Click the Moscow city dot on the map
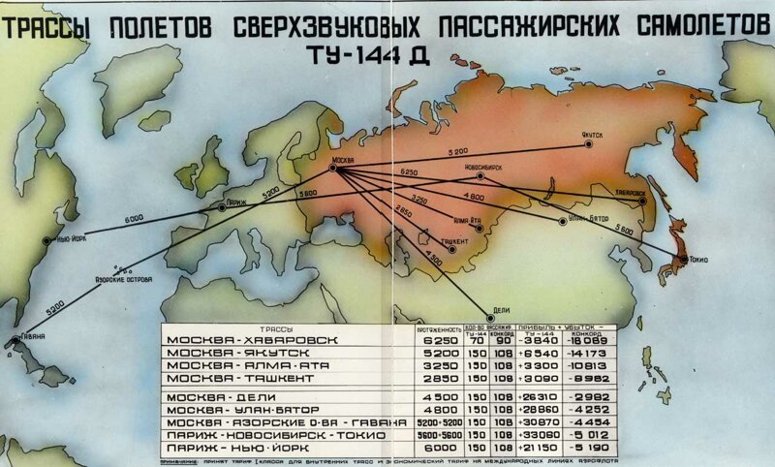click(333, 169)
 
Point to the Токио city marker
click(681, 259)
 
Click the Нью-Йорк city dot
click(46, 240)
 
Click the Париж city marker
click(222, 207)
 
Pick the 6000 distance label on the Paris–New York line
click(135, 219)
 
